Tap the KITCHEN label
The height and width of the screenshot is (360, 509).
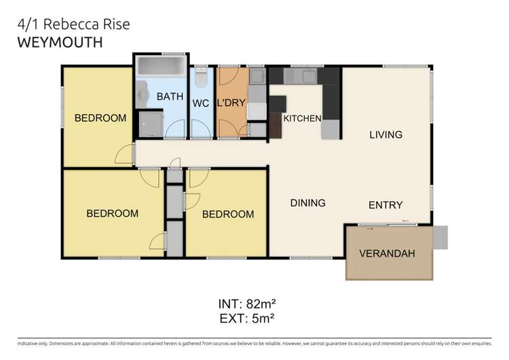click(302, 119)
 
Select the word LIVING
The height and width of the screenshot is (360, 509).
click(385, 134)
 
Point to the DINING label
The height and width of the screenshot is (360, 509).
click(307, 202)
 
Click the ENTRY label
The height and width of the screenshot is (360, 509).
click(385, 205)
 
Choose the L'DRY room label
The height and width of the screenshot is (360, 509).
click(231, 104)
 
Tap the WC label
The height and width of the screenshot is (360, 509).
click(200, 104)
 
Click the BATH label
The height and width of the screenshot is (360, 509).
click(170, 96)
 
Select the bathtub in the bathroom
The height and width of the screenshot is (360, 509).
click(161, 68)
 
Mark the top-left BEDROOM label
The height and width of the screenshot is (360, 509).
click(100, 118)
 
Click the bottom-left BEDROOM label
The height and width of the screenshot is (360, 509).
click(112, 213)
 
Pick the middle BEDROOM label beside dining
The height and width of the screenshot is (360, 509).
click(228, 215)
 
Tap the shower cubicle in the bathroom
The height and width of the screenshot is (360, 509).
click(151, 124)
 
